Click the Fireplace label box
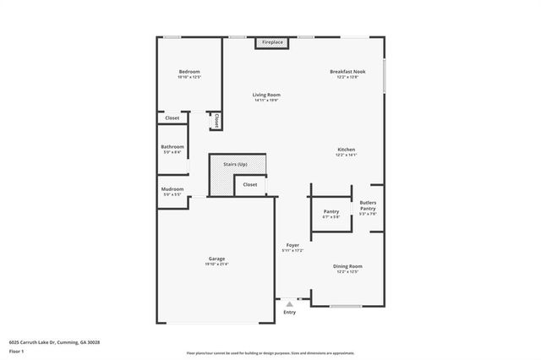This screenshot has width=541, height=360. tap(272, 41)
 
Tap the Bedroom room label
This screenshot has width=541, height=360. tap(189, 72)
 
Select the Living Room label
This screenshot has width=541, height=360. tap(266, 95)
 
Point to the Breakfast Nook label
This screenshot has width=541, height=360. tap(347, 72)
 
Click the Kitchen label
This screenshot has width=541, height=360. tap(347, 150)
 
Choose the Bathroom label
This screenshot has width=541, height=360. tap(172, 147)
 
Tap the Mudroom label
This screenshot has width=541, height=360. tap(172, 190)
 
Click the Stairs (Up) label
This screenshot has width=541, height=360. tap(235, 164)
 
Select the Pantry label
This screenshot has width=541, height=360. tap(331, 211)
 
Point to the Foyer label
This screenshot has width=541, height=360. tap(292, 245)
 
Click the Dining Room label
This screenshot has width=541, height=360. tap(348, 267)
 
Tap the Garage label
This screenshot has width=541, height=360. tap(216, 259)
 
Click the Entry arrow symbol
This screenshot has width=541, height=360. tap(290, 303)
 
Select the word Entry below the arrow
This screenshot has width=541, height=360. tap(290, 313)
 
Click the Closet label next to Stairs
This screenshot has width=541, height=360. tap(250, 184)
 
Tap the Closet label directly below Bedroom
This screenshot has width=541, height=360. tap(172, 118)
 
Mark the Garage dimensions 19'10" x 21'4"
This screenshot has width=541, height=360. tap(216, 265)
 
